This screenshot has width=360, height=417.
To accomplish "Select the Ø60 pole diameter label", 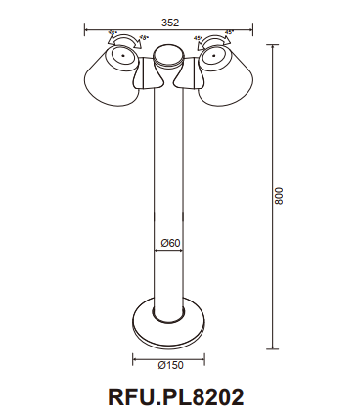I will pyautogui.click(x=170, y=243).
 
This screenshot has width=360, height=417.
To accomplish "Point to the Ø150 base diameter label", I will pyautogui.click(x=168, y=365).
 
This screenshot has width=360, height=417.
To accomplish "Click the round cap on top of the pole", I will pyautogui.click(x=169, y=55).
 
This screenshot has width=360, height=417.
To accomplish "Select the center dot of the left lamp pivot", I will pyautogui.click(x=123, y=57).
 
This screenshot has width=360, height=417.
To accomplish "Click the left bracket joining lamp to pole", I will pyautogui.click(x=150, y=76).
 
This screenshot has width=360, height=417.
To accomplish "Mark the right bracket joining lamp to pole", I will pyautogui.click(x=189, y=76).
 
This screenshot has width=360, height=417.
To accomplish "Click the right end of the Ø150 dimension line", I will pyautogui.click(x=204, y=356).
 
